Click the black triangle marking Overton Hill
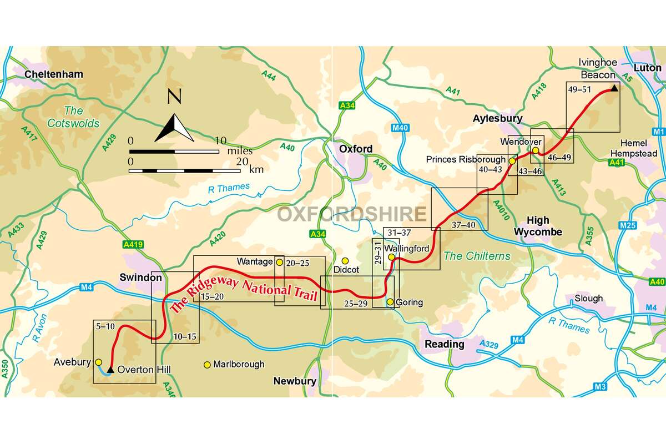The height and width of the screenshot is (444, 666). point(111,369)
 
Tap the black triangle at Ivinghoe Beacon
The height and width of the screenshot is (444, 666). point(614,87)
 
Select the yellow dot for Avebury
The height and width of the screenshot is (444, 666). point(98,362)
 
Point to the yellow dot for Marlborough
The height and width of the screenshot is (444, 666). point(207,365)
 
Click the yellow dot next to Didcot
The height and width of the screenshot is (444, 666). point(345,261)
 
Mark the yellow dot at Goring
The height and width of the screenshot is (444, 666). point(390,302)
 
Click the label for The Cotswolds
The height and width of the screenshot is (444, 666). point(73,117)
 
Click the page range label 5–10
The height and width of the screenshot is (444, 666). point(105,326)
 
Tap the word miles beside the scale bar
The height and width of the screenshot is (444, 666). point(239,150)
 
